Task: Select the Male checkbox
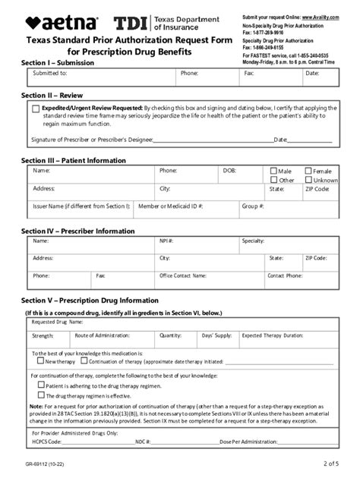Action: click(273, 171)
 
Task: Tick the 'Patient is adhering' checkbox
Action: click(42, 385)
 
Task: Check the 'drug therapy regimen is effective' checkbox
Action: click(42, 395)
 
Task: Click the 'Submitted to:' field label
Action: click(50, 74)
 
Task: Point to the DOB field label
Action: click(229, 171)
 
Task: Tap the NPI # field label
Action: click(167, 241)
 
